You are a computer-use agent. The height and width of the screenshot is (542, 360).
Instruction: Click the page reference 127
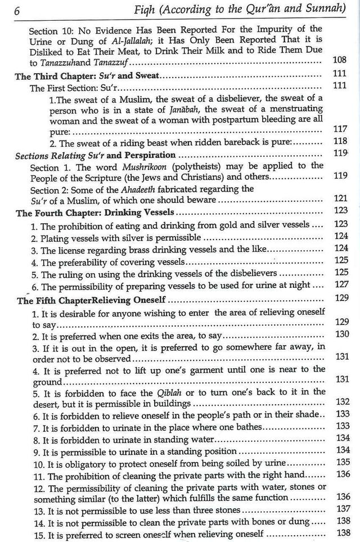(x=341, y=284)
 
